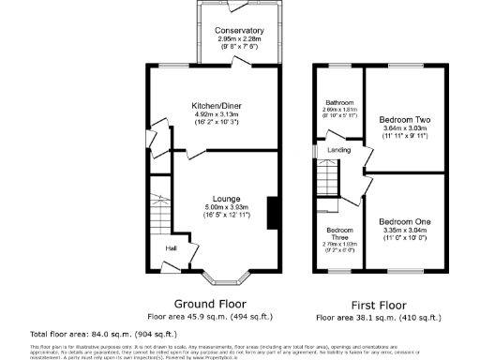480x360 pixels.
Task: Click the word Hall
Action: (x=172, y=247)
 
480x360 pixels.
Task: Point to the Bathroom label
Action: (x=337, y=102)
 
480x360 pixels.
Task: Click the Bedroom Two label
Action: (x=403, y=120)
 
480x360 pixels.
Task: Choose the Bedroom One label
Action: (x=403, y=215)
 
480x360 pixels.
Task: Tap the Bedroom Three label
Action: (x=338, y=234)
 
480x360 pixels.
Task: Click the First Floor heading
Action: (x=378, y=304)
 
